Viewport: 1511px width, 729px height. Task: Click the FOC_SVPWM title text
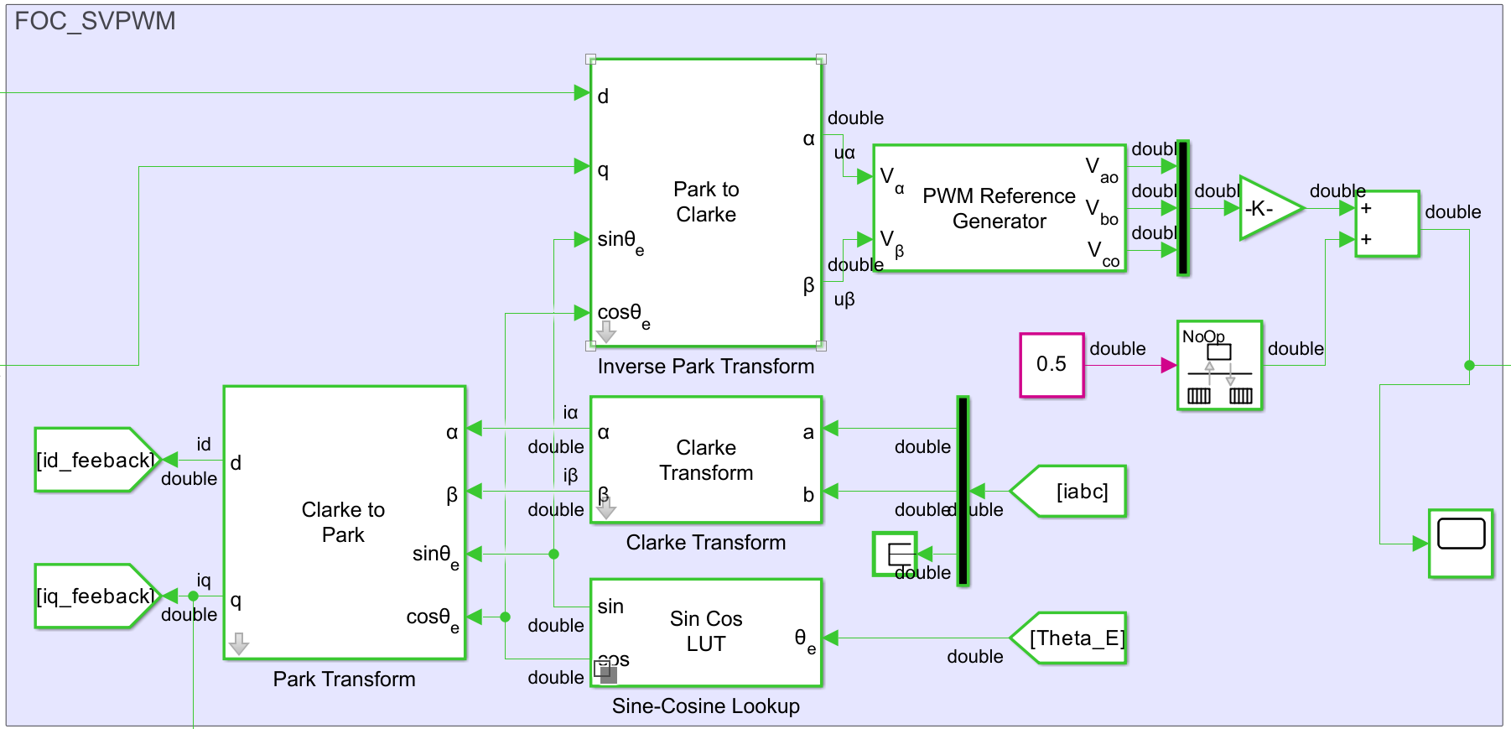(x=95, y=21)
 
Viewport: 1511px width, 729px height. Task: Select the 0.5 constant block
(x=1051, y=364)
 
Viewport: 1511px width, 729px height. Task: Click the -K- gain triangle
(x=1265, y=208)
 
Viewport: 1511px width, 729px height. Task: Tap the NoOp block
(x=1219, y=365)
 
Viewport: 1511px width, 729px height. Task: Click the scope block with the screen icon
(x=1461, y=543)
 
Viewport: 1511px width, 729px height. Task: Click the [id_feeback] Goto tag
(x=94, y=460)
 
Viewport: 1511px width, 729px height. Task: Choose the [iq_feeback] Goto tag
(x=94, y=596)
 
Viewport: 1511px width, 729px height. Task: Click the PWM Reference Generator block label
(x=999, y=208)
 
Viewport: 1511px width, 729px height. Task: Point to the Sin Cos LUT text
(x=706, y=631)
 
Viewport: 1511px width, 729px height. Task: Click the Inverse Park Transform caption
(x=705, y=367)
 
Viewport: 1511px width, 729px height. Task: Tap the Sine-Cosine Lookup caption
(x=705, y=706)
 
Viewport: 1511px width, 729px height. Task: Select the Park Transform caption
(x=344, y=680)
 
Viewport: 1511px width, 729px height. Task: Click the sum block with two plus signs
(x=1388, y=223)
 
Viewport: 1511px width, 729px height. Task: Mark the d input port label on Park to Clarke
(x=603, y=96)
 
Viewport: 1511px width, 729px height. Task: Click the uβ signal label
(x=844, y=299)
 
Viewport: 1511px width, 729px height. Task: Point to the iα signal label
(x=570, y=412)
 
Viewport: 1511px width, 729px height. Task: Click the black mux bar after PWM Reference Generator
(x=1182, y=208)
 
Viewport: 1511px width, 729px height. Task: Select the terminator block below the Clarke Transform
(x=895, y=554)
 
